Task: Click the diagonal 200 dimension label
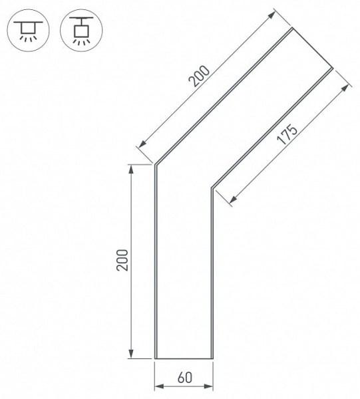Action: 200,76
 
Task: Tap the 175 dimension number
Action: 287,134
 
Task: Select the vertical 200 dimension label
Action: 122,260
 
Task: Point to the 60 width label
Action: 185,377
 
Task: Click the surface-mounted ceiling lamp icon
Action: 28,31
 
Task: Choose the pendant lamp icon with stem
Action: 81,31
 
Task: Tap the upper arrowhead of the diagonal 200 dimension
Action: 271,15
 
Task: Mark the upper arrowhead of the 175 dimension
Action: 345,88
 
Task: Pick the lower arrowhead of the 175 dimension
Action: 233,199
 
